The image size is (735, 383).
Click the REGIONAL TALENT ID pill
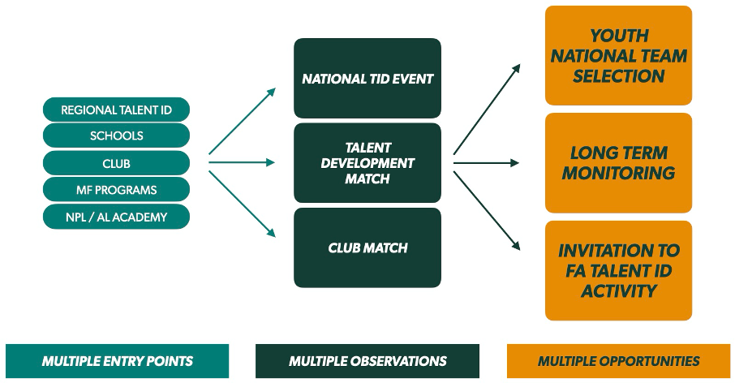[x=116, y=110]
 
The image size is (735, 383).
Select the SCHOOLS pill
[x=116, y=136]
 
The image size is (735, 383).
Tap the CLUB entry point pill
[x=116, y=163]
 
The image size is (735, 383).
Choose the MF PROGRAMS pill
[x=116, y=190]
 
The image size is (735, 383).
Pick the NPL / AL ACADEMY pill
[x=116, y=217]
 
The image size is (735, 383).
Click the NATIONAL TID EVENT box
[x=367, y=79]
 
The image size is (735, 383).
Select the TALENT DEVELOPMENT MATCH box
[x=367, y=163]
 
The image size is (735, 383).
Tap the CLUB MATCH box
[x=367, y=247]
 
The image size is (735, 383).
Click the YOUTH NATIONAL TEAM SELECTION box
[x=618, y=56]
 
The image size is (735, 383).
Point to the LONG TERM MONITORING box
[x=618, y=163]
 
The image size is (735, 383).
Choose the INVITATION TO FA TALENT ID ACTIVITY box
[x=618, y=270]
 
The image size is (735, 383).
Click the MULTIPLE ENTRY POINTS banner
[x=118, y=361]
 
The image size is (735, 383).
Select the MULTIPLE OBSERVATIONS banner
[x=367, y=361]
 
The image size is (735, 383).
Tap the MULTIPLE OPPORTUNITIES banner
[x=618, y=361]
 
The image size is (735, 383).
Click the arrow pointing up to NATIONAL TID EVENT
[x=243, y=120]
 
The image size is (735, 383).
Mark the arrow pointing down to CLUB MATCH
[x=243, y=204]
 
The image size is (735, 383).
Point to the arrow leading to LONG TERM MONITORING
[x=485, y=163]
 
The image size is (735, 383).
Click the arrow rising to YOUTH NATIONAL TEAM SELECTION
[x=487, y=110]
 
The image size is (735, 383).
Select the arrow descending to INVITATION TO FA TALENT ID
[x=487, y=210]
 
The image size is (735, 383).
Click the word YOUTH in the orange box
[x=619, y=37]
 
